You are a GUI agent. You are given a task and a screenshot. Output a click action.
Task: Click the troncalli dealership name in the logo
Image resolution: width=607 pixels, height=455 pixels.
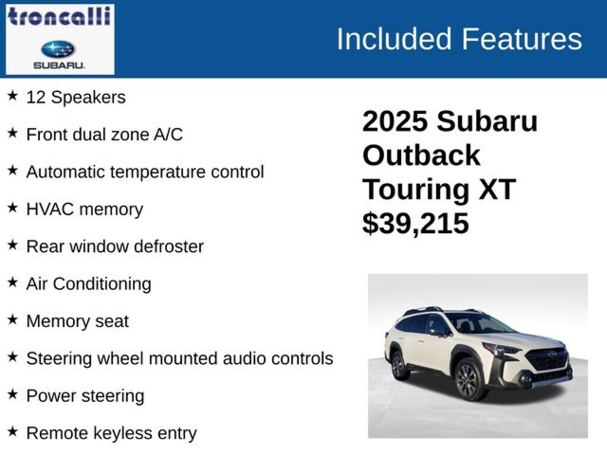coord(59,17)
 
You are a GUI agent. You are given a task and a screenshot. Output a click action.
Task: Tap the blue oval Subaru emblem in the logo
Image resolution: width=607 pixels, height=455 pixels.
coord(59,49)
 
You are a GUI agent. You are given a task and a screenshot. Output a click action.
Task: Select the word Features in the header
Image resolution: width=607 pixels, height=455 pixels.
coord(522,39)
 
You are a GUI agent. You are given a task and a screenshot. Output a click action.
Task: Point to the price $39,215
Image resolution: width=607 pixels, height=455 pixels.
coord(416,223)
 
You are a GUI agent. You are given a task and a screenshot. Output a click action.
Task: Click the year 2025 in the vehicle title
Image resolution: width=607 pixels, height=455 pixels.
coord(395,121)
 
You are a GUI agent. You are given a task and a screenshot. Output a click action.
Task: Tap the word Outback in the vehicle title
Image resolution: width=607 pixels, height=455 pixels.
coord(421,155)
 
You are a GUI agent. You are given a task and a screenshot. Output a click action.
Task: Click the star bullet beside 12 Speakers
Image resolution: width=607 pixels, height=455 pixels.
coord(13,95)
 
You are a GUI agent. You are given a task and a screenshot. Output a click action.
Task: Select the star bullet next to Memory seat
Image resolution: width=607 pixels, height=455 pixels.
coord(13,319)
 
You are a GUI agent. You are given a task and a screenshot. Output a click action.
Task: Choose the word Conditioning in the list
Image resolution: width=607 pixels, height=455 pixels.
coord(102,284)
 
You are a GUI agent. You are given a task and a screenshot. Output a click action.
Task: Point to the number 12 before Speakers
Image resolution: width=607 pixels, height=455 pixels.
coord(36,97)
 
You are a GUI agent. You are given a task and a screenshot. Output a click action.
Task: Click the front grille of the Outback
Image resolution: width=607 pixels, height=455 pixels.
coord(547,359)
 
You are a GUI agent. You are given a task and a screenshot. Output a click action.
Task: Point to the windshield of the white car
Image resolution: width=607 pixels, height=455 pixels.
coord(480,323)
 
